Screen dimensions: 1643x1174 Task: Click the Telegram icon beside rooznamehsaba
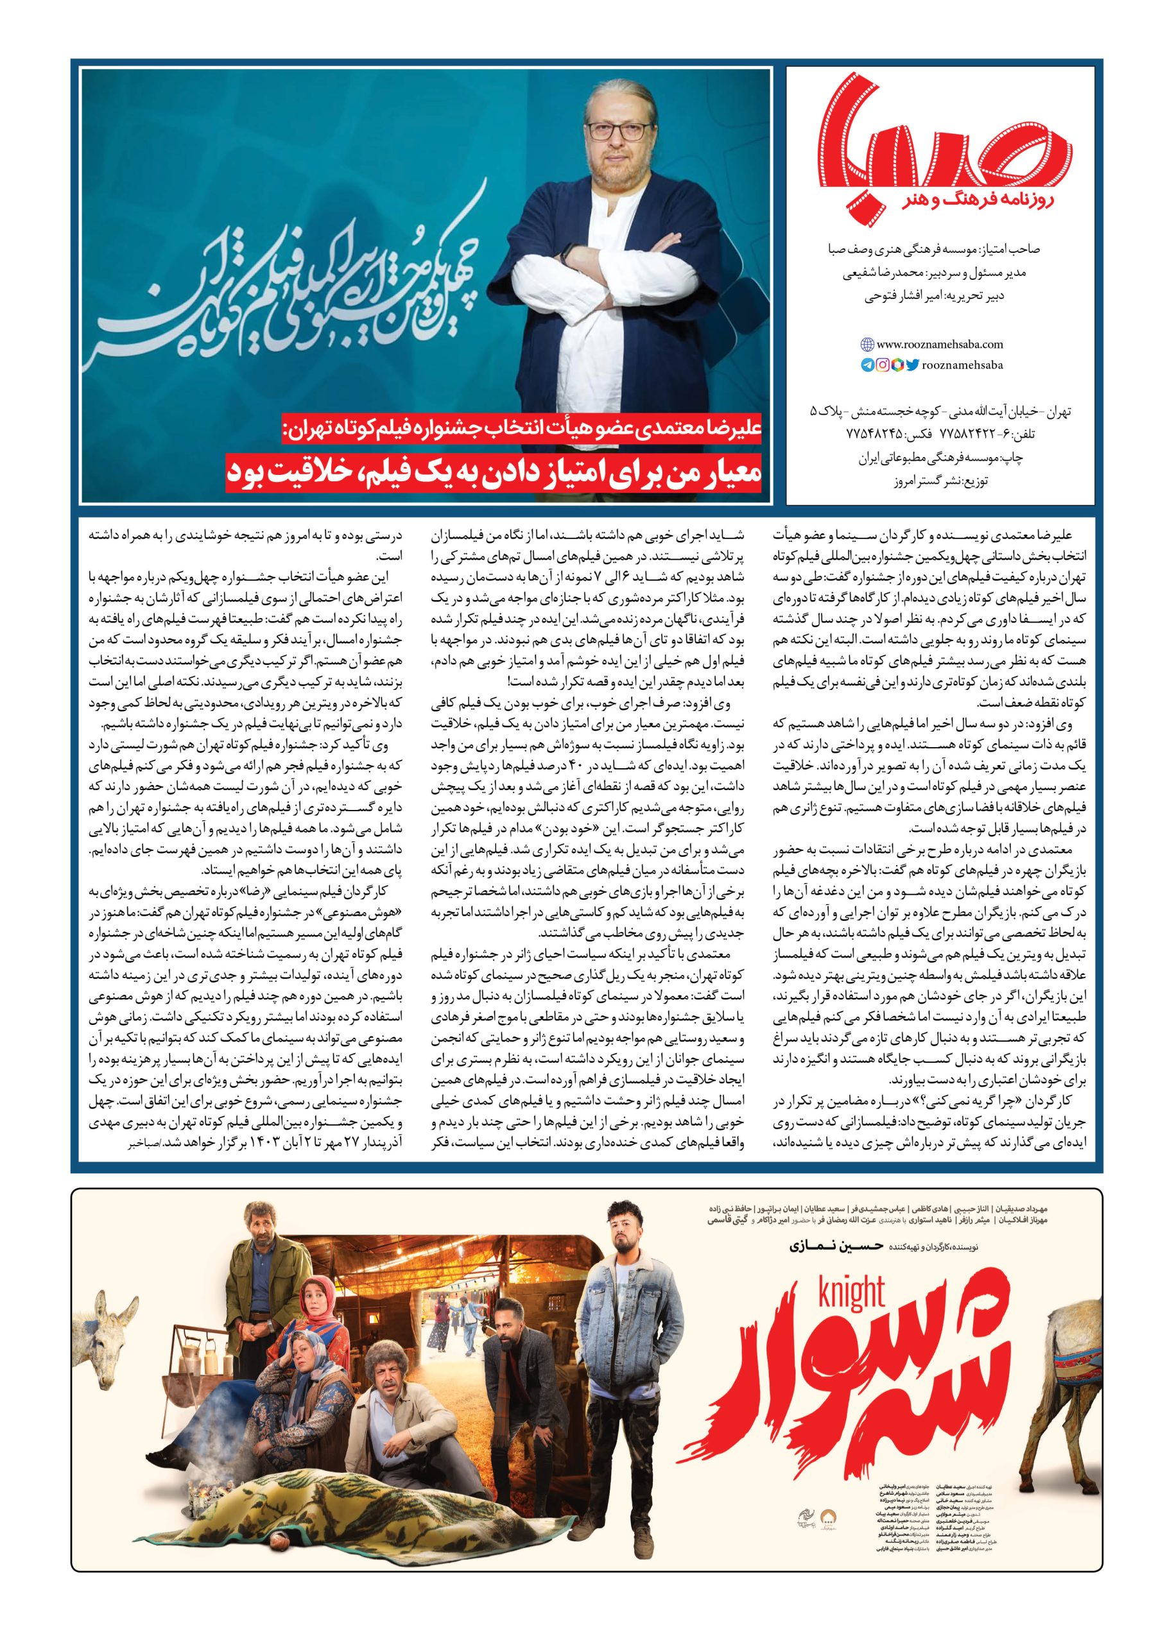point(867,365)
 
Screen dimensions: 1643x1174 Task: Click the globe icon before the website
point(867,345)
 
